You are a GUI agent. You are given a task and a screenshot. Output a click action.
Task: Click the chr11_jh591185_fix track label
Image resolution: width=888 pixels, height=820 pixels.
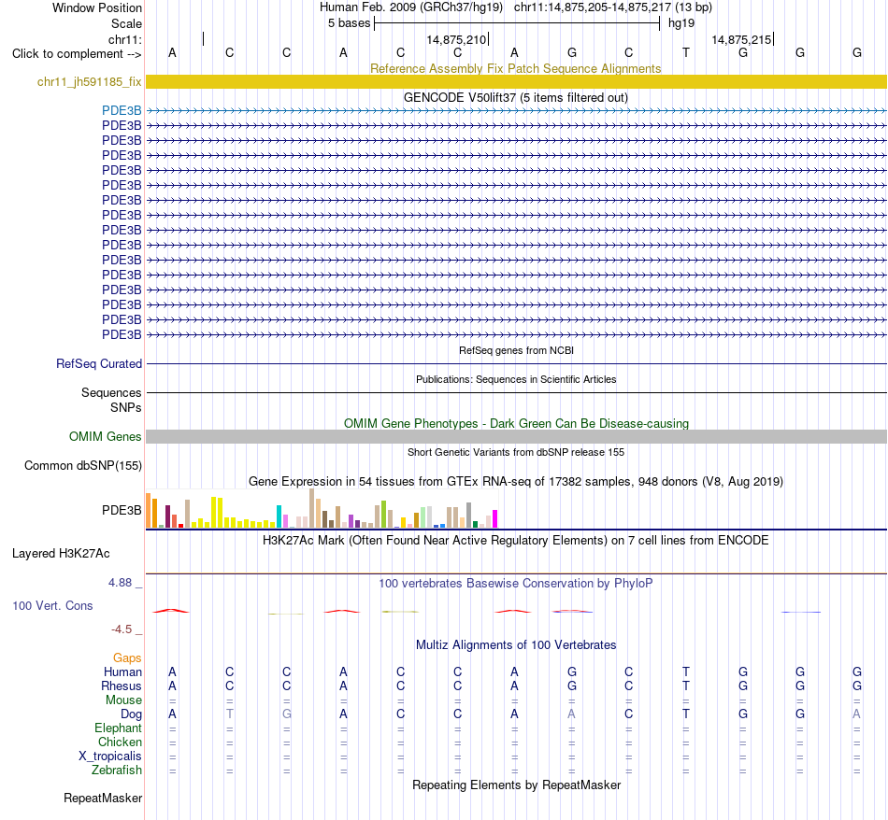coord(89,82)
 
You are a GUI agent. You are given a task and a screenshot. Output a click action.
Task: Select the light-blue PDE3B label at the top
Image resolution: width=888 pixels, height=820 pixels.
coord(122,111)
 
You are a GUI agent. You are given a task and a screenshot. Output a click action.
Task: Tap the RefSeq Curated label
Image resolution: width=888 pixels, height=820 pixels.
coord(99,364)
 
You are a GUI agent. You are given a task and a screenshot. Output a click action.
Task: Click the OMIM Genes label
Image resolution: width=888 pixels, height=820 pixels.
coord(106,437)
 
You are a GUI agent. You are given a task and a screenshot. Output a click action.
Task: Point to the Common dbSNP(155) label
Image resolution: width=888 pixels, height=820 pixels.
coord(83,466)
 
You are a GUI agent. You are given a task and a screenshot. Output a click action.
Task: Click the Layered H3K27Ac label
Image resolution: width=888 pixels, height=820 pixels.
coord(61,554)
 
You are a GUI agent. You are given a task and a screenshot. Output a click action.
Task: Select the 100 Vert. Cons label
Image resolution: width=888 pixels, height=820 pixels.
coord(52,605)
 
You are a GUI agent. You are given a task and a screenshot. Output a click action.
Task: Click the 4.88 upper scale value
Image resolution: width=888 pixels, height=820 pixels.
coord(120,583)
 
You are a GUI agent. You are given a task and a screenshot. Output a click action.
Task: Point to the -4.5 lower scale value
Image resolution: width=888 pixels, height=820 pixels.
coord(122,629)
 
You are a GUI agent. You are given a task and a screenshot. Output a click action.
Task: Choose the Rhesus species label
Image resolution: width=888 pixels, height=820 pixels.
coord(122,686)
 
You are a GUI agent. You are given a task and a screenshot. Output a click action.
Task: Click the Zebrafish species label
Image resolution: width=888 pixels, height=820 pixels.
coord(117,771)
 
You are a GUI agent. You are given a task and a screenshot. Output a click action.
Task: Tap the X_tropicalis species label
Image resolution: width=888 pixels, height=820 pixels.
coord(110,756)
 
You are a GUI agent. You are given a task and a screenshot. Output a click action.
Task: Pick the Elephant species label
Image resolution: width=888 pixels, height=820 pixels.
coord(119,728)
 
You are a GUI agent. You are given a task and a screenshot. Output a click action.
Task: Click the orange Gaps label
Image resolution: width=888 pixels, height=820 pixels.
coord(127,657)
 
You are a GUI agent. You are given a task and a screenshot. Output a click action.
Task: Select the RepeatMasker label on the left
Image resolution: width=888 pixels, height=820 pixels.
coord(103,798)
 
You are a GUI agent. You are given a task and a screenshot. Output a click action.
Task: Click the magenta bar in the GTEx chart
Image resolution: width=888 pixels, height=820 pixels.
coord(495,519)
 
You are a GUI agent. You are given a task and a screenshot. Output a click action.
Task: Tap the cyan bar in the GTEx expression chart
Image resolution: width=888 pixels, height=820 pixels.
coord(279,516)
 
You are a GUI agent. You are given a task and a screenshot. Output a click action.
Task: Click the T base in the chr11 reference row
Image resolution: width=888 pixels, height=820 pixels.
coord(686,52)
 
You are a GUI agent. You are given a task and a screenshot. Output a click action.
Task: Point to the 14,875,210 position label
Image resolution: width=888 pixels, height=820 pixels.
coord(456,39)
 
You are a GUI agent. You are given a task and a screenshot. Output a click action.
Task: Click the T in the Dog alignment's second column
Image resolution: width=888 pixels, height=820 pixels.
coord(229,714)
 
